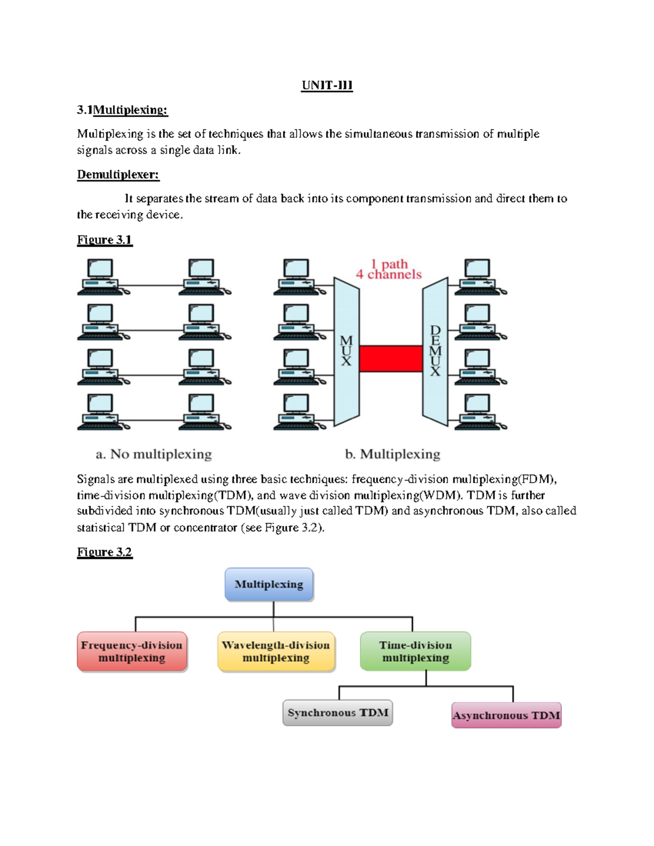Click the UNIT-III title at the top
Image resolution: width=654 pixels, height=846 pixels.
(x=327, y=86)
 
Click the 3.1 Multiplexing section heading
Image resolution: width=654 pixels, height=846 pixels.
(x=122, y=110)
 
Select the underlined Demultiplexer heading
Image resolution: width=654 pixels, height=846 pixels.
(x=118, y=174)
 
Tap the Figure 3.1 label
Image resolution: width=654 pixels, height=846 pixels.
(x=104, y=240)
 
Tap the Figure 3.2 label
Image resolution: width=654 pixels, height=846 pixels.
(x=104, y=552)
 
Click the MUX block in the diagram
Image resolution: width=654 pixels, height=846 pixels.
(x=347, y=351)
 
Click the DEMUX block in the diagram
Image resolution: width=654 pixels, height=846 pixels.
(x=435, y=351)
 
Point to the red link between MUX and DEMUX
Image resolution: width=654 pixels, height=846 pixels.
(x=391, y=358)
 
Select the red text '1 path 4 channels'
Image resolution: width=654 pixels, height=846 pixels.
(x=389, y=269)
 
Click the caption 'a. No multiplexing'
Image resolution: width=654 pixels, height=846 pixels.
(x=154, y=454)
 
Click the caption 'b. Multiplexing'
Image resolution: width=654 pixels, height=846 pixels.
(x=392, y=454)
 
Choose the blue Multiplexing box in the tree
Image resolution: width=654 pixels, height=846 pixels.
(x=269, y=584)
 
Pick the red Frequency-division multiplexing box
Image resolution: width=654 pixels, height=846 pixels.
(x=132, y=651)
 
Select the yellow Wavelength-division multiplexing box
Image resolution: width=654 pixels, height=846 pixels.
(x=276, y=651)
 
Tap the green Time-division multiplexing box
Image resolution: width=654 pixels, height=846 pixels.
(x=415, y=651)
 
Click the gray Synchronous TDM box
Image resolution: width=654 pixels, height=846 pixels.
(x=337, y=713)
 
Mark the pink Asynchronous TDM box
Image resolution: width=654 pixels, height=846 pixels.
(x=506, y=715)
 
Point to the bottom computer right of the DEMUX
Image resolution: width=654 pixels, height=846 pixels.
(x=480, y=412)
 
